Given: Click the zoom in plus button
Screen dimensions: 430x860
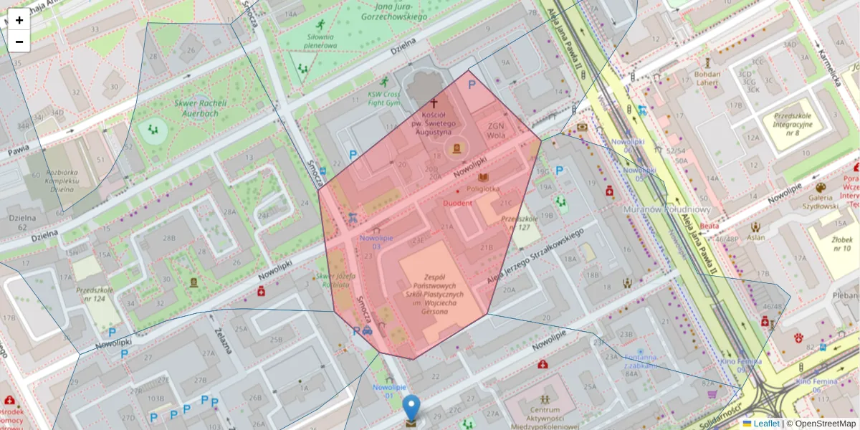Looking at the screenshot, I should click(19, 20).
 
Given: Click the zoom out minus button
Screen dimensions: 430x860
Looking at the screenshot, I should click(19, 42).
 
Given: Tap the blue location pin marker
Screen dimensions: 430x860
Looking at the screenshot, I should click(411, 408).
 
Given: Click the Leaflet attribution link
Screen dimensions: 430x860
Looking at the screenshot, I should click(766, 424).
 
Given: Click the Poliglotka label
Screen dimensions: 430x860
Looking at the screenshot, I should click(482, 188).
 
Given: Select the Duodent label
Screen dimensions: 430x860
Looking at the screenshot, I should click(457, 203).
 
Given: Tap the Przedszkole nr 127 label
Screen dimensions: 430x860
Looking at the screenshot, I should click(520, 223).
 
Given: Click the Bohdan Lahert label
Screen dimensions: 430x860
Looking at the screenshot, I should click(707, 77).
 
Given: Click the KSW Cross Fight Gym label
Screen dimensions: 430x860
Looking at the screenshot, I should click(383, 98).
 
